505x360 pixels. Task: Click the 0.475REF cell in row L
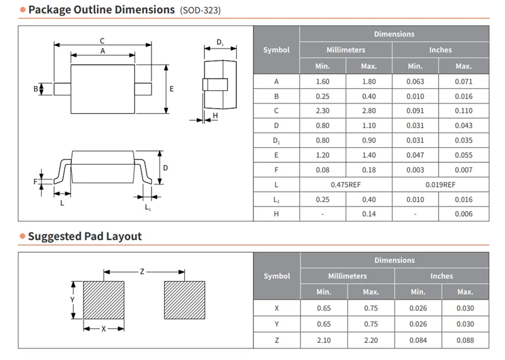tap(345, 184)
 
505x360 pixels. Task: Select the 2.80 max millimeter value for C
tap(369, 111)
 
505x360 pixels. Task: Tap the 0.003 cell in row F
tap(415, 170)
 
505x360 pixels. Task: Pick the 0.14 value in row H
tap(369, 213)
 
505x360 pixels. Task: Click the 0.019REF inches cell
tap(440, 184)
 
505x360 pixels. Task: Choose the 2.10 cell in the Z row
tap(324, 340)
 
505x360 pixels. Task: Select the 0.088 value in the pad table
tap(465, 340)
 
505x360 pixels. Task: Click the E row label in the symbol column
tap(276, 155)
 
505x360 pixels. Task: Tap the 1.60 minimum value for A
tap(323, 81)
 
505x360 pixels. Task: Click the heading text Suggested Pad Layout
tap(85, 236)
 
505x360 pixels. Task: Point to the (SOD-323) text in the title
tap(200, 10)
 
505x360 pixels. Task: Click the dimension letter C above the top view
tap(102, 41)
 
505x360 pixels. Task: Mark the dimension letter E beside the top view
tap(172, 88)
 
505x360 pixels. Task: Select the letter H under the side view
tap(215, 116)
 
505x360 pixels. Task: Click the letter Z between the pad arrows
tap(142, 272)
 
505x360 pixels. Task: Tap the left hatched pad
tap(104, 300)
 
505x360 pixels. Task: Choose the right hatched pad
tap(184, 300)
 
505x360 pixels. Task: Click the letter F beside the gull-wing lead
tap(35, 182)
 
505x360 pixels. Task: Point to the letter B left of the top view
tap(36, 88)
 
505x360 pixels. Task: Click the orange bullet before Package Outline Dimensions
tap(23, 9)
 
